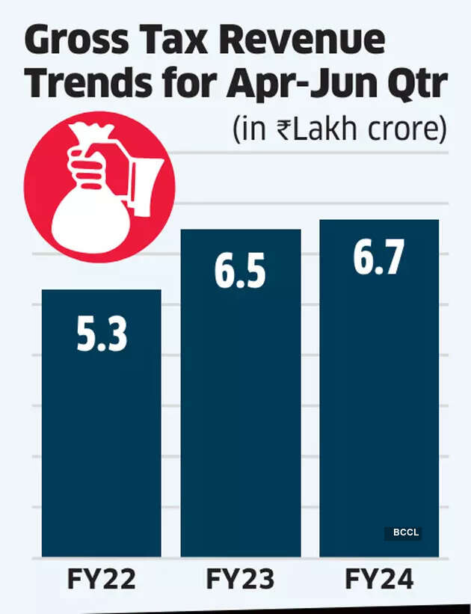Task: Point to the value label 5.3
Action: [102, 335]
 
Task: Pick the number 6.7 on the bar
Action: [379, 258]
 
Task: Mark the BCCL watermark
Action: [403, 533]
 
